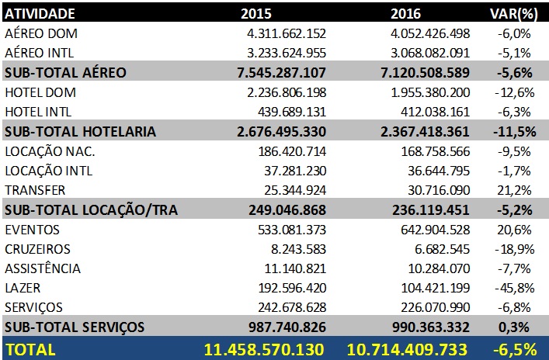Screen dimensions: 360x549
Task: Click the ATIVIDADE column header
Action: pos(40,13)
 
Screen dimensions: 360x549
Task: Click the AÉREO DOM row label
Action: pos(42,33)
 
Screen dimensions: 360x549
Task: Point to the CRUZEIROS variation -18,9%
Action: pos(516,249)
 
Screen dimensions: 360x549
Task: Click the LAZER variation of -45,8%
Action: pos(516,289)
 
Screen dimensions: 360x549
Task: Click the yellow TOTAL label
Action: pos(30,348)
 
